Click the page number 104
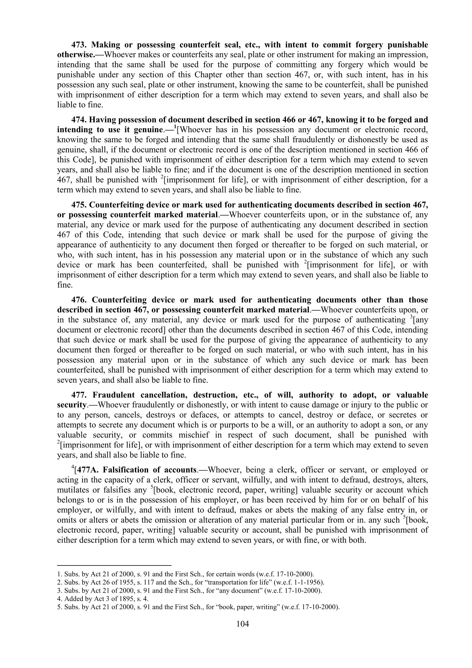[x=243, y=624]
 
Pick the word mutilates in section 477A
[x=73, y=490]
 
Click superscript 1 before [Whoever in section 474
[x=175, y=127]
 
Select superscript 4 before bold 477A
[x=73, y=467]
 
